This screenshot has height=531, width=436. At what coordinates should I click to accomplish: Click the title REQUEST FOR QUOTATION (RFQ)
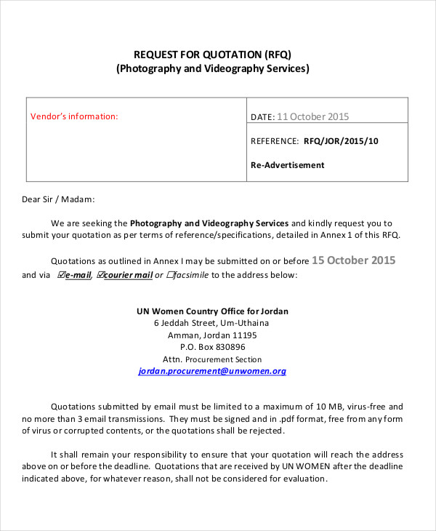(x=212, y=55)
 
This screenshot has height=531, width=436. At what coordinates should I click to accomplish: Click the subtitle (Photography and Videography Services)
(x=212, y=69)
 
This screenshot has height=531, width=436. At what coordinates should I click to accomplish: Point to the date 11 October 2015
(x=313, y=116)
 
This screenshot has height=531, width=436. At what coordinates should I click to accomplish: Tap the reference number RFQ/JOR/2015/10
(x=341, y=141)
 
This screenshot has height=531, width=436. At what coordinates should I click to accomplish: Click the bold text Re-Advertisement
(x=287, y=165)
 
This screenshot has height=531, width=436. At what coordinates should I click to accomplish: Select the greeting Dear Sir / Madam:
(x=58, y=199)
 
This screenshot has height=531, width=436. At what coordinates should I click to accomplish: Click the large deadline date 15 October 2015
(x=353, y=260)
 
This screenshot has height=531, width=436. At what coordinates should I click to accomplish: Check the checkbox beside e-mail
(x=61, y=275)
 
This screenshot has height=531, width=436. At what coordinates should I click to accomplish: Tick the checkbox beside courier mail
(x=100, y=275)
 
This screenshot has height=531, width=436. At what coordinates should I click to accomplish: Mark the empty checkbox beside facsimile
(x=171, y=275)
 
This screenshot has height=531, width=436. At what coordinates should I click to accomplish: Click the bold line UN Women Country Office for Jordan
(x=212, y=311)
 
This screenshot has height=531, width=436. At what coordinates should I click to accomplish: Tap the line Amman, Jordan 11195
(x=212, y=335)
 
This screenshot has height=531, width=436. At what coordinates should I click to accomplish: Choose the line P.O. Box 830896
(x=212, y=347)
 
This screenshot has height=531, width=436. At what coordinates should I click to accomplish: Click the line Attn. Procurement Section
(x=212, y=359)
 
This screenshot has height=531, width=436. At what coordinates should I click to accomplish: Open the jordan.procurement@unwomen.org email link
(x=212, y=371)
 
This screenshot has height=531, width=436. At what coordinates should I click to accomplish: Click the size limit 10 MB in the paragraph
(x=336, y=407)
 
